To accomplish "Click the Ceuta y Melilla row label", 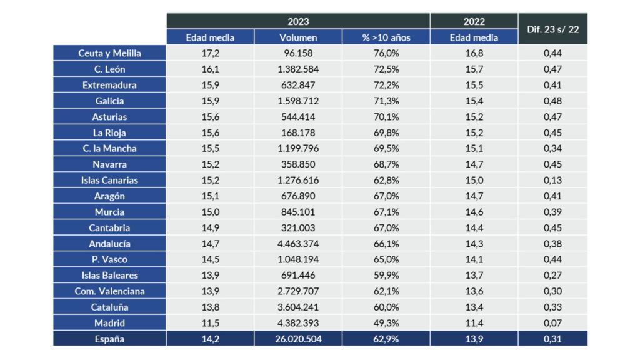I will pos(109,53).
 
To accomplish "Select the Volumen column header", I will pos(298,37).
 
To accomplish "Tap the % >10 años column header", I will pos(386,37).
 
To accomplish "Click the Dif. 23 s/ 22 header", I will pos(552,29).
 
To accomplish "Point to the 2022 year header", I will pos(474,21).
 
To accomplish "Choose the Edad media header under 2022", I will pos(474,37).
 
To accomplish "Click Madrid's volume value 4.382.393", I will pos(298,323).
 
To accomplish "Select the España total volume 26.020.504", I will pos(298,339).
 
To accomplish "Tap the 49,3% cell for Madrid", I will pos(386,323).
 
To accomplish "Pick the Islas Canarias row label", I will pos(109,180).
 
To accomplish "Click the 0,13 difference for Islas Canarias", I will pos(552,180).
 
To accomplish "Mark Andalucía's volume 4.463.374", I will pos(298,244).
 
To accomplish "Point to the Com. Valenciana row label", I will pos(109,291).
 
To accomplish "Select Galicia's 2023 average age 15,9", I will pos(210,101).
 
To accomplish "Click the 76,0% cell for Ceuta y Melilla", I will pos(386,53).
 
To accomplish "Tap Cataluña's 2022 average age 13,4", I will pos(474,307).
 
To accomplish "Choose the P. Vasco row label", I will pos(109,259).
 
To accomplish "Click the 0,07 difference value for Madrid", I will pos(552,323).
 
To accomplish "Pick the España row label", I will pos(109,339).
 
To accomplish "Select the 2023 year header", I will pos(298,21).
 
